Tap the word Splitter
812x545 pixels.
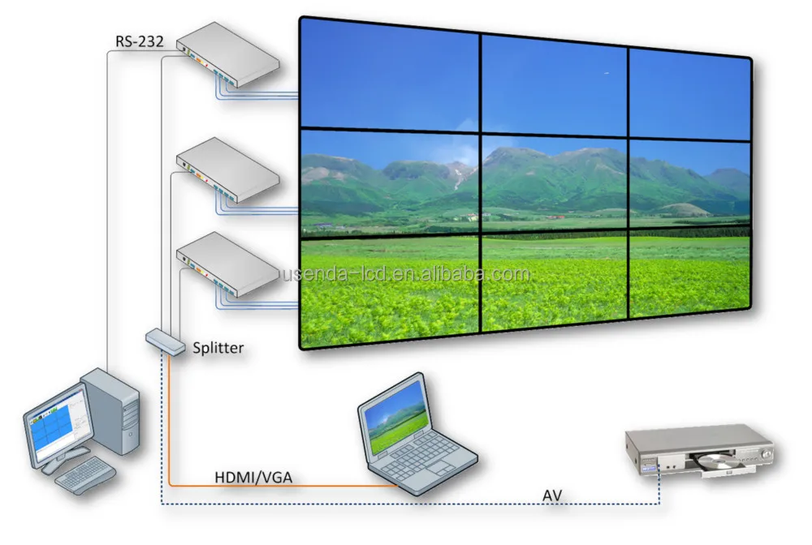click(x=218, y=348)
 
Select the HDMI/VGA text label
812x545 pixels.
click(x=252, y=478)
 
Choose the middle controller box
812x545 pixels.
click(x=228, y=169)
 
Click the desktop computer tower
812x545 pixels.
click(x=113, y=410)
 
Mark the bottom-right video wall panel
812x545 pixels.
click(x=690, y=276)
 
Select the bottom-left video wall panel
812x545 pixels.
click(x=388, y=288)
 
